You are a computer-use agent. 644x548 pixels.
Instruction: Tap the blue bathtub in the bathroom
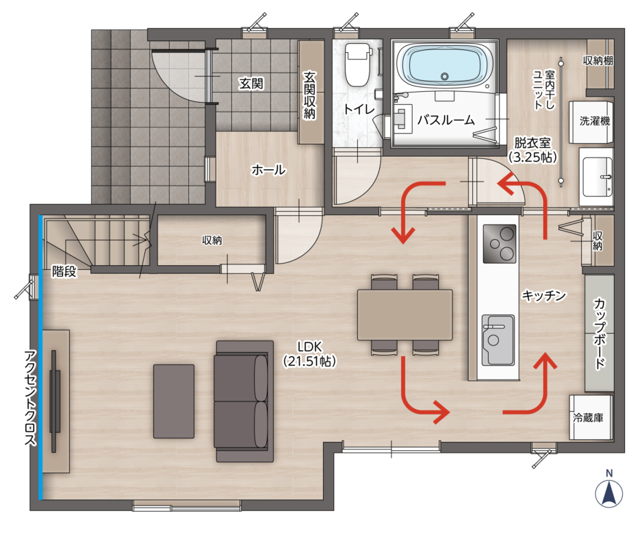[444, 66]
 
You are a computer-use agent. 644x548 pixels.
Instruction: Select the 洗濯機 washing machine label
[594, 121]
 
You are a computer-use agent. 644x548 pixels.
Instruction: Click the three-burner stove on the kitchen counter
[500, 244]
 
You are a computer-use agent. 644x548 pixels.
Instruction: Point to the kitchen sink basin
[498, 340]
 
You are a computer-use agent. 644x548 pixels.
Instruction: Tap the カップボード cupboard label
[600, 334]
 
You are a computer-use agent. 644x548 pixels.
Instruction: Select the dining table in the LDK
[404, 315]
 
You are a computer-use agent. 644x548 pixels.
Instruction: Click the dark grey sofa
[244, 401]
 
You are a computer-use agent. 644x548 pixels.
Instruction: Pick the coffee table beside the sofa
[174, 401]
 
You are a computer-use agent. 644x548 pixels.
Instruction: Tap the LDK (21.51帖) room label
[309, 354]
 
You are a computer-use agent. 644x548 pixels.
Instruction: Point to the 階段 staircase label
[64, 271]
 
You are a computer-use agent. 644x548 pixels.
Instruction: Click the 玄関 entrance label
[251, 84]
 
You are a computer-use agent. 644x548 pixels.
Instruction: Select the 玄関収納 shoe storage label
[309, 95]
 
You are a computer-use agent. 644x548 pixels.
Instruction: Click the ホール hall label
[268, 169]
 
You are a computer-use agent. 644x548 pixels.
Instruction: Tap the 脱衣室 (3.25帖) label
[532, 150]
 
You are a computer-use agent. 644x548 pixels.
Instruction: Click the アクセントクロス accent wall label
[31, 398]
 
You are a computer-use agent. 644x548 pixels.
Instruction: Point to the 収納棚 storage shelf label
[598, 60]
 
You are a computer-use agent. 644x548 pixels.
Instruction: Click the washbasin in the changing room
[596, 177]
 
